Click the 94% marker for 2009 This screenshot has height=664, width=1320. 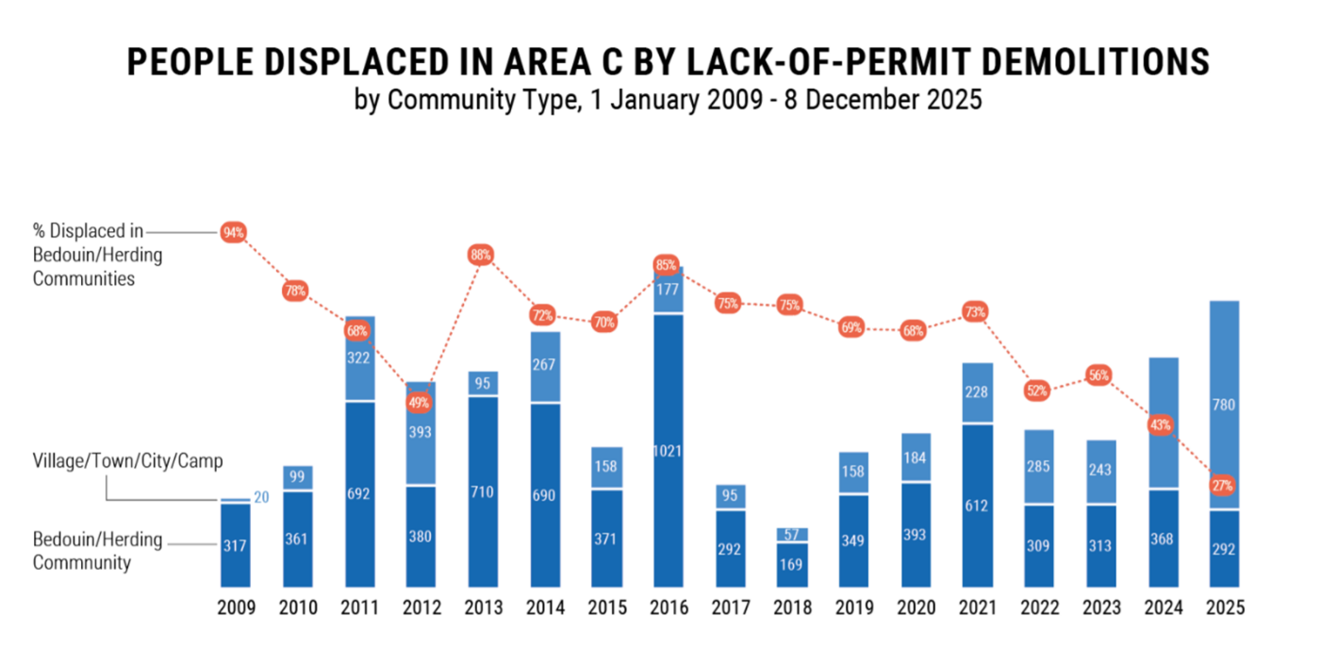233,232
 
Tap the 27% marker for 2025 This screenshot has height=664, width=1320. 1223,485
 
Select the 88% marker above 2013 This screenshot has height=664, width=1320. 480,255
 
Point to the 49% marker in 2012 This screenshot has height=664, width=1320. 419,403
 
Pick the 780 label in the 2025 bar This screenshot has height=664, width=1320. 1223,406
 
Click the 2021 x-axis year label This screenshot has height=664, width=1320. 976,608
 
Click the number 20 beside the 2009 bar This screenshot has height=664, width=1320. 262,497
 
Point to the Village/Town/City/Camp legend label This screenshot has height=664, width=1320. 127,460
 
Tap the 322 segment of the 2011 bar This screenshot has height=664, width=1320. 357,358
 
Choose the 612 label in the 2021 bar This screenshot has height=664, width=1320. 976,506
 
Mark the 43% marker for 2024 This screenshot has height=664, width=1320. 1160,425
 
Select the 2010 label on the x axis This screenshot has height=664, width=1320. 298,608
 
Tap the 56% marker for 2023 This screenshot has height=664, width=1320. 1098,375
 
